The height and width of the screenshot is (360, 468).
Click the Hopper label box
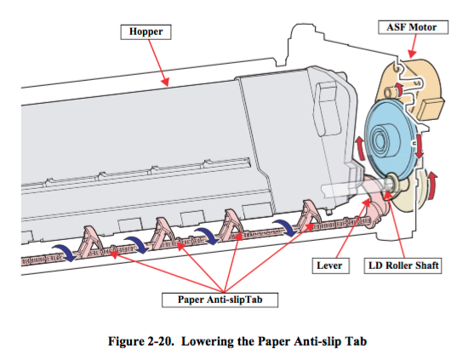tap(146, 32)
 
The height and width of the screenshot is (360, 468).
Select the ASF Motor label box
tap(413, 27)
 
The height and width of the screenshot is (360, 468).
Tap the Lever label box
tap(331, 266)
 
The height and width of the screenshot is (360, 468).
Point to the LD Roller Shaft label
tap(402, 266)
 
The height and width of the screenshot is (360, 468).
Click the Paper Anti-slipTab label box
tap(220, 300)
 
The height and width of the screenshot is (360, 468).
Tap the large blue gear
tap(389, 140)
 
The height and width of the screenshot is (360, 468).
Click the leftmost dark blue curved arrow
tap(65, 253)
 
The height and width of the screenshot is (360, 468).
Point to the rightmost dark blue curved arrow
tap(285, 228)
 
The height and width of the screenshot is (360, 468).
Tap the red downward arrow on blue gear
tap(419, 146)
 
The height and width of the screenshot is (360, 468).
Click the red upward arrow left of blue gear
tap(360, 148)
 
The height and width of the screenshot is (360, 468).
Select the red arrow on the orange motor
tap(399, 89)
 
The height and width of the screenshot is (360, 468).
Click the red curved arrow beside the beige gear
tap(431, 186)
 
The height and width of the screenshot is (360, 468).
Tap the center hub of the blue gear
tap(380, 139)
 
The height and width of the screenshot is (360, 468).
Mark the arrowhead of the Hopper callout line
tap(166, 82)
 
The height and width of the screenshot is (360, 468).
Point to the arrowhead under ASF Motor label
tap(411, 54)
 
